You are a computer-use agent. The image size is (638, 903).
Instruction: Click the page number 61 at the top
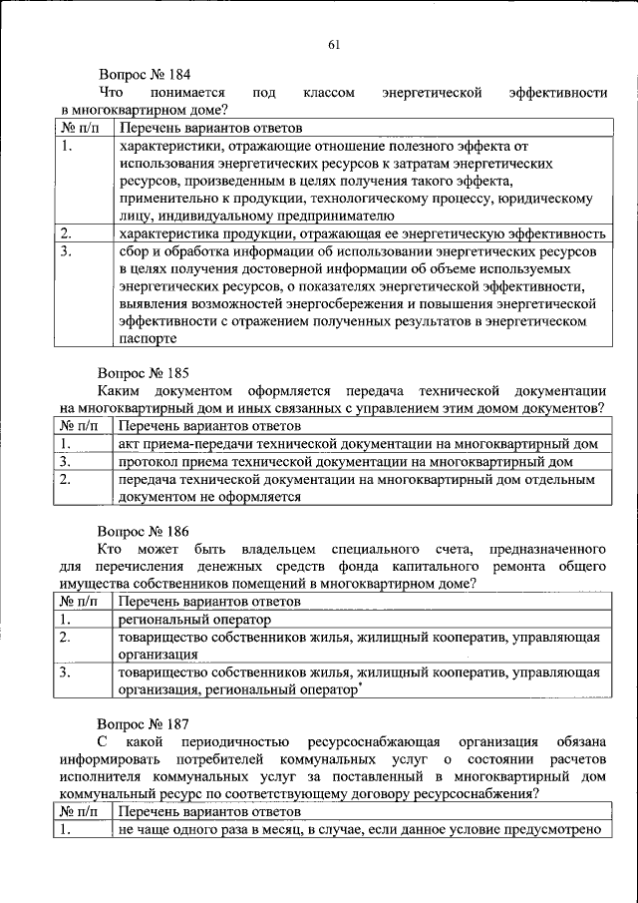point(334,42)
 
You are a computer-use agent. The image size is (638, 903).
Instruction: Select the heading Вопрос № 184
point(143,75)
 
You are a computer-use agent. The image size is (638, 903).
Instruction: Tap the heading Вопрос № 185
point(143,373)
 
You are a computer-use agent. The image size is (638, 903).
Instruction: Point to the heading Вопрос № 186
point(143,530)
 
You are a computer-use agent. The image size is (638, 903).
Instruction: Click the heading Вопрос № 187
point(143,722)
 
